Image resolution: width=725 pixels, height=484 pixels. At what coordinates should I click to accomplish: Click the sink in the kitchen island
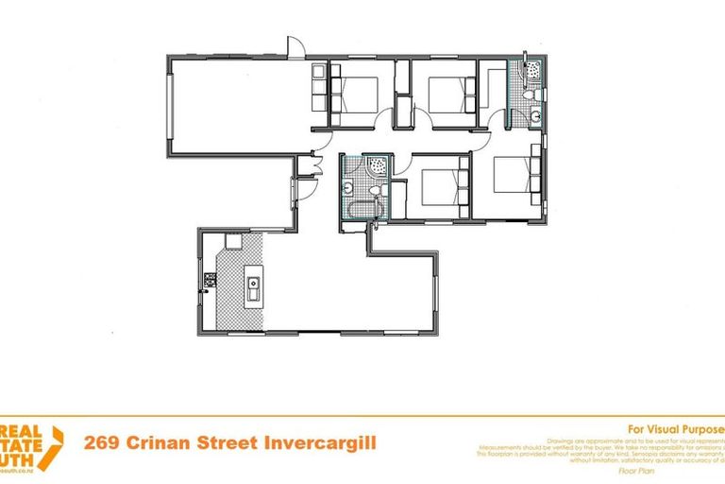pos(253,283)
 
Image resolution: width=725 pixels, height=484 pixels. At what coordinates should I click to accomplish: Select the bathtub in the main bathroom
pos(361,209)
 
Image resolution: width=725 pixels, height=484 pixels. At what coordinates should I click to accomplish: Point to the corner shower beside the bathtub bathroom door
pos(376,164)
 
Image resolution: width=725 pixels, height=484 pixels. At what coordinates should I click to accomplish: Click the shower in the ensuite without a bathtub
pos(531,70)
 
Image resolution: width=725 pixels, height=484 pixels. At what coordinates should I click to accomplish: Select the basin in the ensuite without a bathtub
pos(534,116)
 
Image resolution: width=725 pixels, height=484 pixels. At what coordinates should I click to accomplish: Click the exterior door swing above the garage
pos(294,44)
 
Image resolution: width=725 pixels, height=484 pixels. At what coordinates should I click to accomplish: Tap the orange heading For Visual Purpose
pos(675,426)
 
